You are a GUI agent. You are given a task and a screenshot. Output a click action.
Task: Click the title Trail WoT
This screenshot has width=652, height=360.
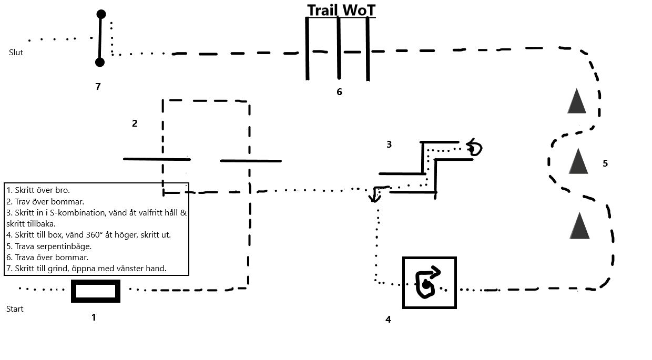click(341, 11)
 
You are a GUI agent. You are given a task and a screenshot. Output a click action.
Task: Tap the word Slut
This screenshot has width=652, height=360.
click(16, 53)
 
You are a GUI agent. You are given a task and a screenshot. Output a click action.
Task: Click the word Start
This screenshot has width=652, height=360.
click(15, 309)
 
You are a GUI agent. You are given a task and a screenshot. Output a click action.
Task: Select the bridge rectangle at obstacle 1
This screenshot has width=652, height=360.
click(96, 291)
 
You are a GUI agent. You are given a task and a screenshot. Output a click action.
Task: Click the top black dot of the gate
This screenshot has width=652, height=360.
click(101, 14)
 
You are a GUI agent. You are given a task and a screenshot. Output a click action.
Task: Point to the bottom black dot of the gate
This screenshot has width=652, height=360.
click(100, 63)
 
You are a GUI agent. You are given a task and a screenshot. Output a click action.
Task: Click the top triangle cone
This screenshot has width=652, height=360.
click(577, 101)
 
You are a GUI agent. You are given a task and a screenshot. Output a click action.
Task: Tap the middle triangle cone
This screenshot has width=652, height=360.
click(578, 161)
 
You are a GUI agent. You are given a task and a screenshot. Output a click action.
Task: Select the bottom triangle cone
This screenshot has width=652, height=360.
click(579, 226)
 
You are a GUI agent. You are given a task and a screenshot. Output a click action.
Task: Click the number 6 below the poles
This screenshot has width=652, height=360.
click(339, 92)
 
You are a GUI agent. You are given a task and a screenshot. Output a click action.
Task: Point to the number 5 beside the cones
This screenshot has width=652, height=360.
click(605, 163)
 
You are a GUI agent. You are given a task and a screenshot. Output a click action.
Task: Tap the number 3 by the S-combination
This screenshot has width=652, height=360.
click(389, 145)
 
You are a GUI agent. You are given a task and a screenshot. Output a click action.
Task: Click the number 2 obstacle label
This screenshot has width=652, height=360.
click(135, 124)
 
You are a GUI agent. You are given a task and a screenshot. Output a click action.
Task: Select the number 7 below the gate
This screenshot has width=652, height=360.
click(98, 86)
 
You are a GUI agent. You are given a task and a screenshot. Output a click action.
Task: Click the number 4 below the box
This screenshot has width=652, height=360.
click(388, 320)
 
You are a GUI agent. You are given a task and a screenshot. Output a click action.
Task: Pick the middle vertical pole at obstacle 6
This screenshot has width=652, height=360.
click(339, 48)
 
